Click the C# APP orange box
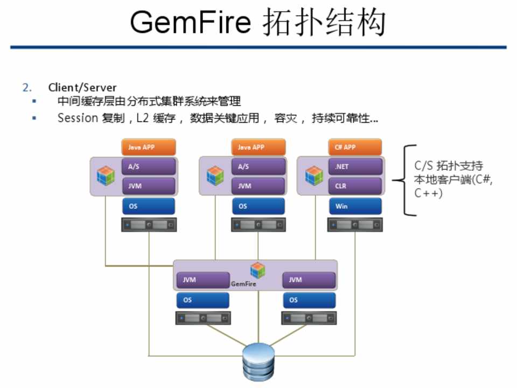(x=355, y=147)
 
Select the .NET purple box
(x=355, y=167)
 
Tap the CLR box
(x=355, y=186)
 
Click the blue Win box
(x=355, y=206)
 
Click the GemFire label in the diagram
(x=243, y=283)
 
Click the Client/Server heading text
(x=82, y=87)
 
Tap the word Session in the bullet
(x=77, y=118)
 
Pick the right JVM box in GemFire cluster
(x=309, y=280)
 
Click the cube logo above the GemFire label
(x=257, y=270)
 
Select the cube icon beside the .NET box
(x=314, y=176)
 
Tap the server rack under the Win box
(x=355, y=225)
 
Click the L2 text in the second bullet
(x=143, y=118)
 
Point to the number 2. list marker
(x=27, y=87)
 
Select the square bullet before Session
(x=34, y=117)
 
